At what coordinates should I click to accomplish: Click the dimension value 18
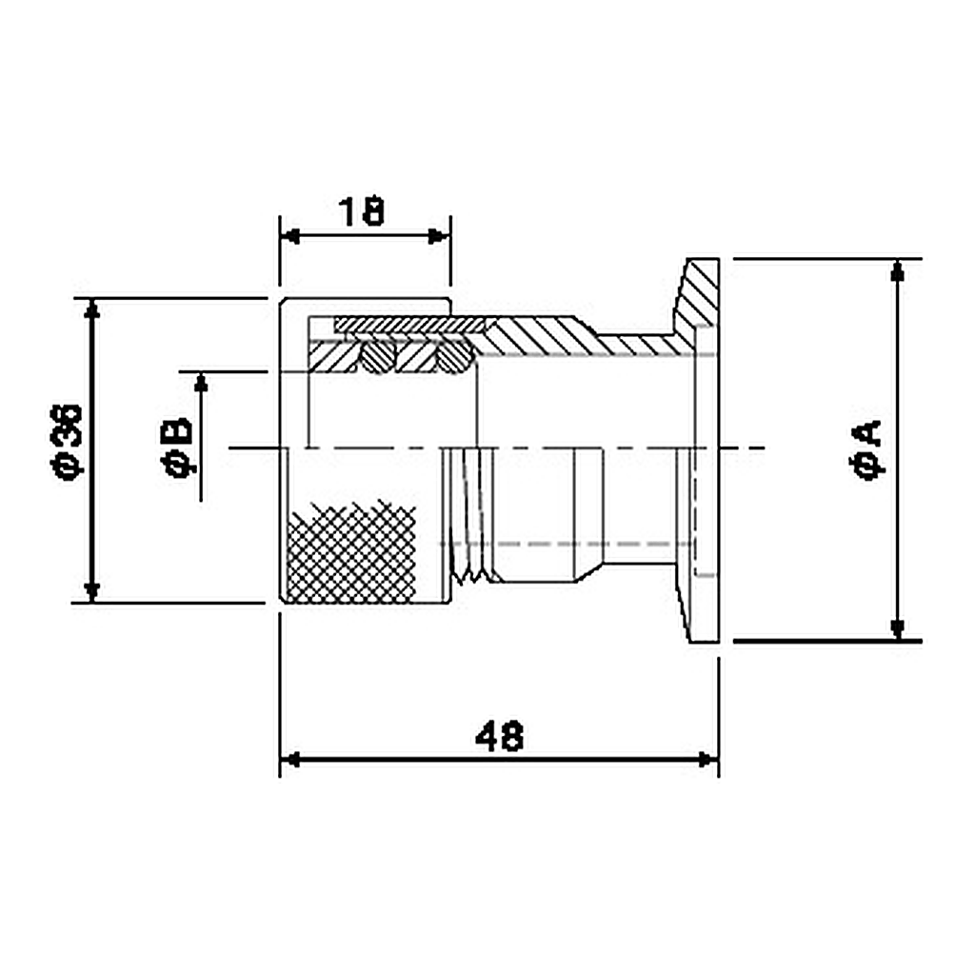pyautogui.click(x=361, y=211)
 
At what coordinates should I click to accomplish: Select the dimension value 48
pyautogui.click(x=499, y=736)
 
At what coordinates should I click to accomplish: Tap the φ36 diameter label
pyautogui.click(x=66, y=443)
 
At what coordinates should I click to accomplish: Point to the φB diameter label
pyautogui.click(x=178, y=448)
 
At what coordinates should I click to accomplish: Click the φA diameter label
pyautogui.click(x=866, y=449)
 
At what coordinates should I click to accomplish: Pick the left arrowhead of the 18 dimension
pyautogui.click(x=289, y=236)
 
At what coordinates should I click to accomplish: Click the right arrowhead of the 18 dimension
pyautogui.click(x=439, y=236)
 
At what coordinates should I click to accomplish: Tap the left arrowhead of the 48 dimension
pyautogui.click(x=290, y=760)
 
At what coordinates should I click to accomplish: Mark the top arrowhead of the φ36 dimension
pyautogui.click(x=92, y=309)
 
